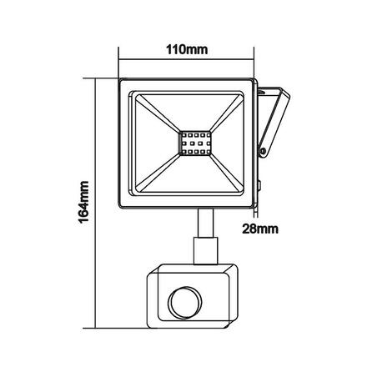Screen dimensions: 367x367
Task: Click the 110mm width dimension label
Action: [185, 49]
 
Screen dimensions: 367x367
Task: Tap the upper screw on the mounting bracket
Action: [265, 93]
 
